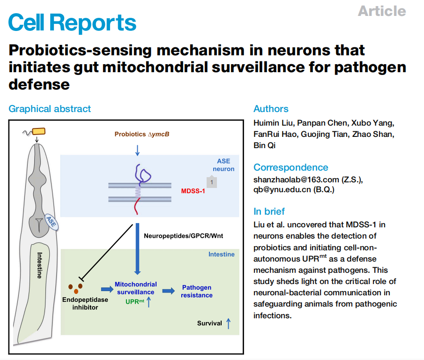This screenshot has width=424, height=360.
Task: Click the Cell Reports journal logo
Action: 72,22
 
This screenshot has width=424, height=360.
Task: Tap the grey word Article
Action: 382,11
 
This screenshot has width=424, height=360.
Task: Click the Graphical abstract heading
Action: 50,109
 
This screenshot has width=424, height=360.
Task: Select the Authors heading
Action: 271,109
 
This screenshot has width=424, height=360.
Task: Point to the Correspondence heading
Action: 290,167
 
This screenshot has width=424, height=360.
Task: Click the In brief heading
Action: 269,211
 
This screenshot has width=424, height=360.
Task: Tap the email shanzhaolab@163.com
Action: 296,180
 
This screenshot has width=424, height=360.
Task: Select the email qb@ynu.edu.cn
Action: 283,189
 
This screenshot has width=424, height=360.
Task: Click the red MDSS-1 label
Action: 193,191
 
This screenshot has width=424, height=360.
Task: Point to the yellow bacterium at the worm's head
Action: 39,131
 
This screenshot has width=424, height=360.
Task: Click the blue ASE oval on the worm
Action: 52,222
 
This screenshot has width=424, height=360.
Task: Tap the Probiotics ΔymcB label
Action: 142,134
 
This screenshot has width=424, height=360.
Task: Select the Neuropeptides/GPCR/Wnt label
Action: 183,236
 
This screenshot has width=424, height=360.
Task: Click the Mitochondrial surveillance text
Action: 136,288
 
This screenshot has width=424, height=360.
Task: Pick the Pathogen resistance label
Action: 197,291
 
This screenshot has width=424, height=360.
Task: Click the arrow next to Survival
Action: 229,323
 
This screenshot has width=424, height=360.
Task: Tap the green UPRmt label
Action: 134,301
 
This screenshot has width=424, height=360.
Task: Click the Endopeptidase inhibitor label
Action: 85,303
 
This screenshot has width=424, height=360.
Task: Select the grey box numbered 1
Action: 212,182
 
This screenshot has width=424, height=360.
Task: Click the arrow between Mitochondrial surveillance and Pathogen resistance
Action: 169,291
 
